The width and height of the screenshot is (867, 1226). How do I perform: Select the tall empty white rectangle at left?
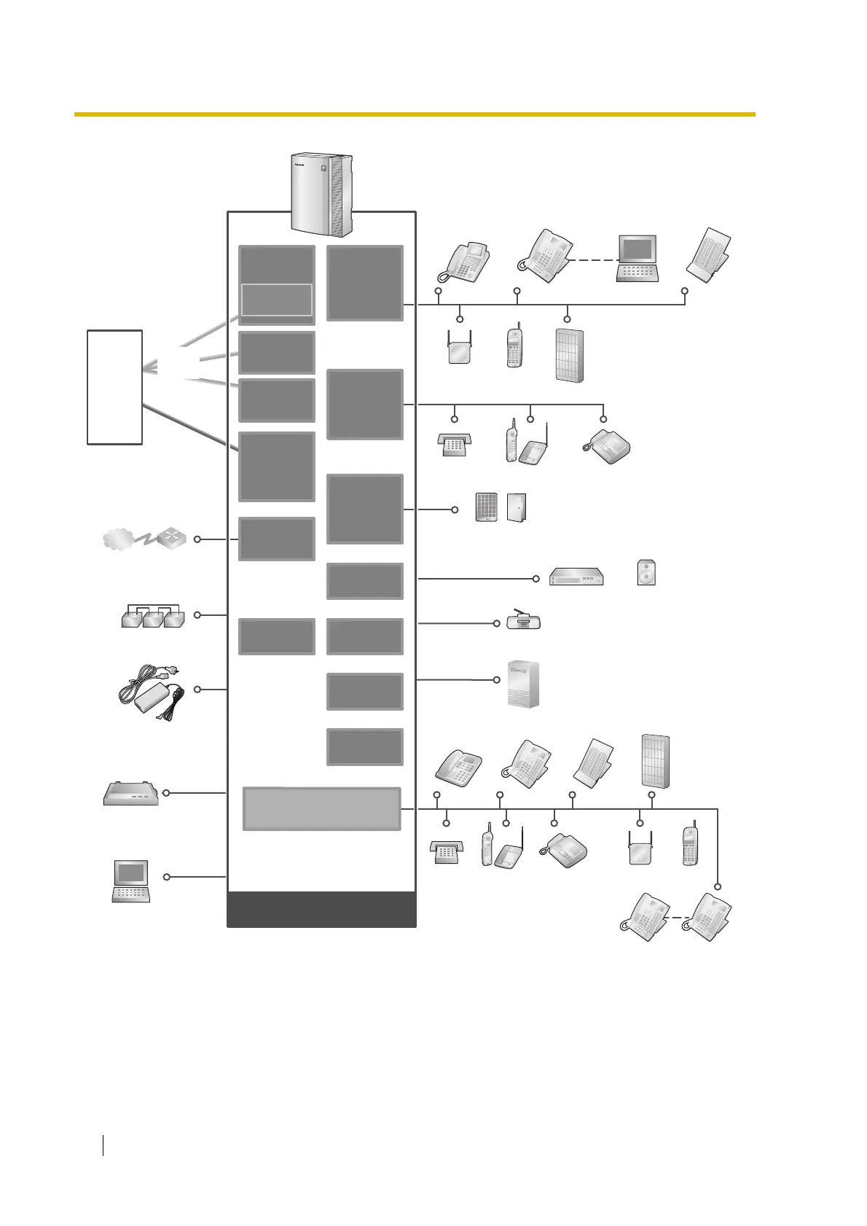point(114,387)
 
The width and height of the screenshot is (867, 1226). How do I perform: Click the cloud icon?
point(119,540)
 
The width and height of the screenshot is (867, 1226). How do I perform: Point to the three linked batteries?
point(153,617)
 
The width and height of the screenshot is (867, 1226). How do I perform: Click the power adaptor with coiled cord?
point(152,693)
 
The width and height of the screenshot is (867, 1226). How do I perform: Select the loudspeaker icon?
point(646,573)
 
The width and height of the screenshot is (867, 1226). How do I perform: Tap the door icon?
point(517,507)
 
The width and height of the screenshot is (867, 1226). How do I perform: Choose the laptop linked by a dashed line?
point(637,258)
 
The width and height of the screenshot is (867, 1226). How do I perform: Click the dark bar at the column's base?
point(321,909)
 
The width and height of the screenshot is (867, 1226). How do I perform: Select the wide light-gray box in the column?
point(321,808)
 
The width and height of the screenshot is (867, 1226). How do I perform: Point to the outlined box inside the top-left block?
point(277,300)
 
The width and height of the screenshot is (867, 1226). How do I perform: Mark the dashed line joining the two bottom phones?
point(678,918)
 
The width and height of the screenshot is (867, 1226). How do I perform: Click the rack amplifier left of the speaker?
point(576,577)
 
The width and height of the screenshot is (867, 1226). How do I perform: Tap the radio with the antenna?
point(524,621)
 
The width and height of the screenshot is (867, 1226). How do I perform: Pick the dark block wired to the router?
point(277,539)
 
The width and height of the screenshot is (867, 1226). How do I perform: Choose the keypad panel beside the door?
point(486,507)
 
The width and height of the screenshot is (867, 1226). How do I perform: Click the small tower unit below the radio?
point(523,684)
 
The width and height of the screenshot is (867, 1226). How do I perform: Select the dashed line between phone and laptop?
point(593,260)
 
